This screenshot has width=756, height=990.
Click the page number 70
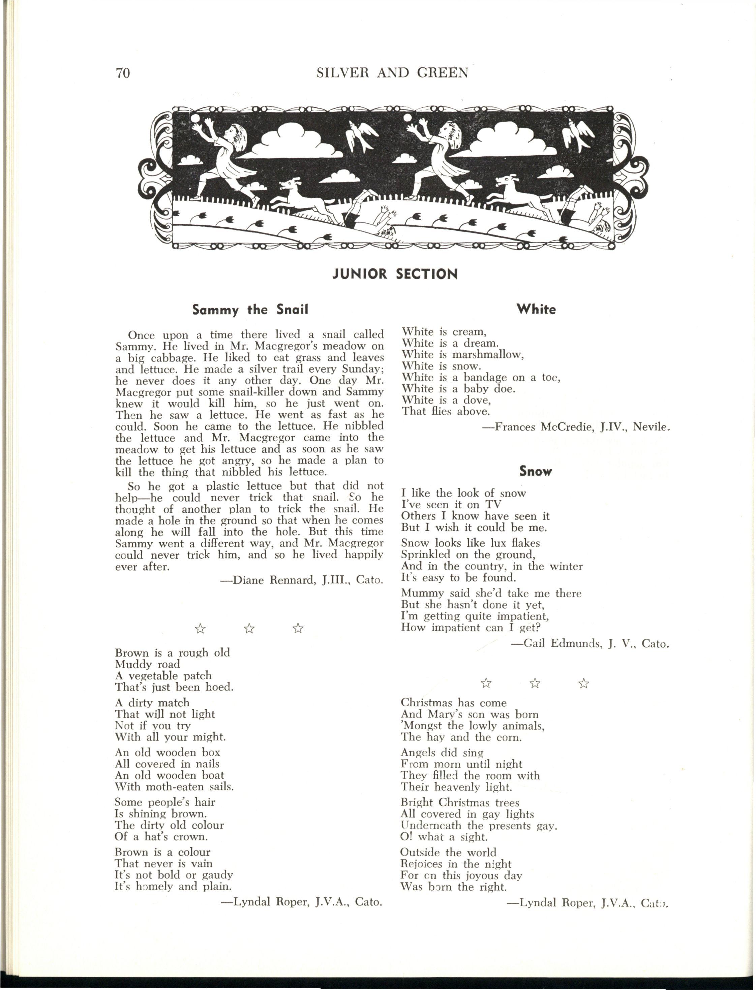[x=123, y=73]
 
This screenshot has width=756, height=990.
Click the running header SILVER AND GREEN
[x=392, y=72]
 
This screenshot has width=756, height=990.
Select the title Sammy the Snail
[x=250, y=310]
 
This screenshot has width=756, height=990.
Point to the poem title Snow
[x=536, y=471]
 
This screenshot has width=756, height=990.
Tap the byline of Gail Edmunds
[x=590, y=644]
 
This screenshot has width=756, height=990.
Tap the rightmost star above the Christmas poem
[x=584, y=684]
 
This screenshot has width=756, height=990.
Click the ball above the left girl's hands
[x=196, y=118]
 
